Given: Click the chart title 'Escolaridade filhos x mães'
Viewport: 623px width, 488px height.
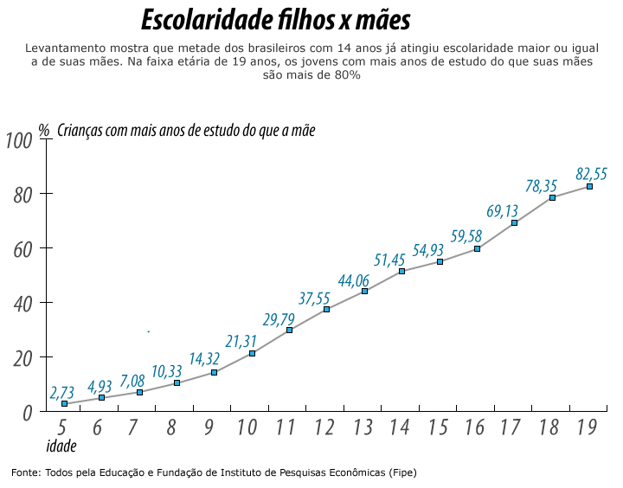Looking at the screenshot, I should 275,20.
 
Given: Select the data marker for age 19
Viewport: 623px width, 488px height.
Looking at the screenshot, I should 589,186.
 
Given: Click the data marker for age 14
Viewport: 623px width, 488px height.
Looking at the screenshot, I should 401,272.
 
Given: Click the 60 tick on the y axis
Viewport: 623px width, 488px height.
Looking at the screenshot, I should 22,249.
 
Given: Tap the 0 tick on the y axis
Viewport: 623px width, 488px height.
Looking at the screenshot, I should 27,413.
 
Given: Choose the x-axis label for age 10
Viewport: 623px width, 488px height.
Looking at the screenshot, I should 246,427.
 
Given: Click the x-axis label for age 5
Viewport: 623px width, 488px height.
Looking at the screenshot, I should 61,427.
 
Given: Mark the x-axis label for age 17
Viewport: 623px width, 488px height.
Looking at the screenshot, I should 510,427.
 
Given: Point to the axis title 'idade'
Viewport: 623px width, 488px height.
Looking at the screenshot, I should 61,446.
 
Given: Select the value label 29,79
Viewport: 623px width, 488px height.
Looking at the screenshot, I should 279,320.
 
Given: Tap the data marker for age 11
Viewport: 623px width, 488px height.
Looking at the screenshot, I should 289,331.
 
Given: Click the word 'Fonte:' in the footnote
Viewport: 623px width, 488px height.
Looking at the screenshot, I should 25,472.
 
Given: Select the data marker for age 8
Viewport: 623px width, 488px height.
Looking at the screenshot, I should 177,382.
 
